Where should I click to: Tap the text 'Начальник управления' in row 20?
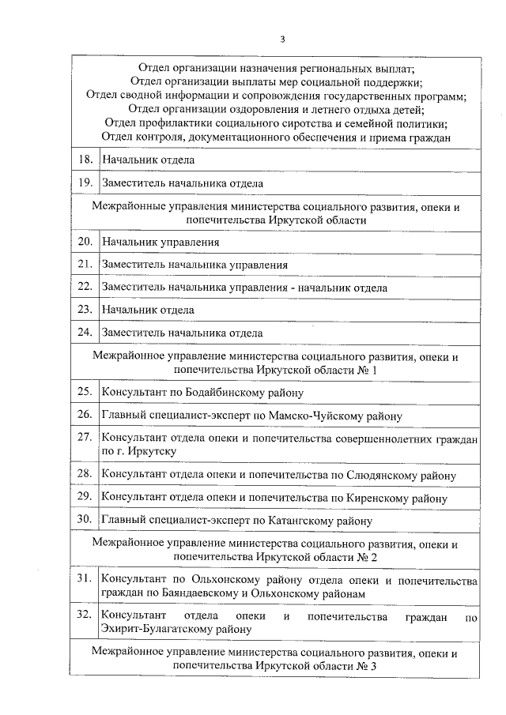pyautogui.click(x=160, y=242)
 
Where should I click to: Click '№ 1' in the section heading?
pyautogui.click(x=369, y=370)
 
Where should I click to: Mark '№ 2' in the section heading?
pyautogui.click(x=369, y=557)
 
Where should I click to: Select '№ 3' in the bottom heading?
pyautogui.click(x=369, y=666)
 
